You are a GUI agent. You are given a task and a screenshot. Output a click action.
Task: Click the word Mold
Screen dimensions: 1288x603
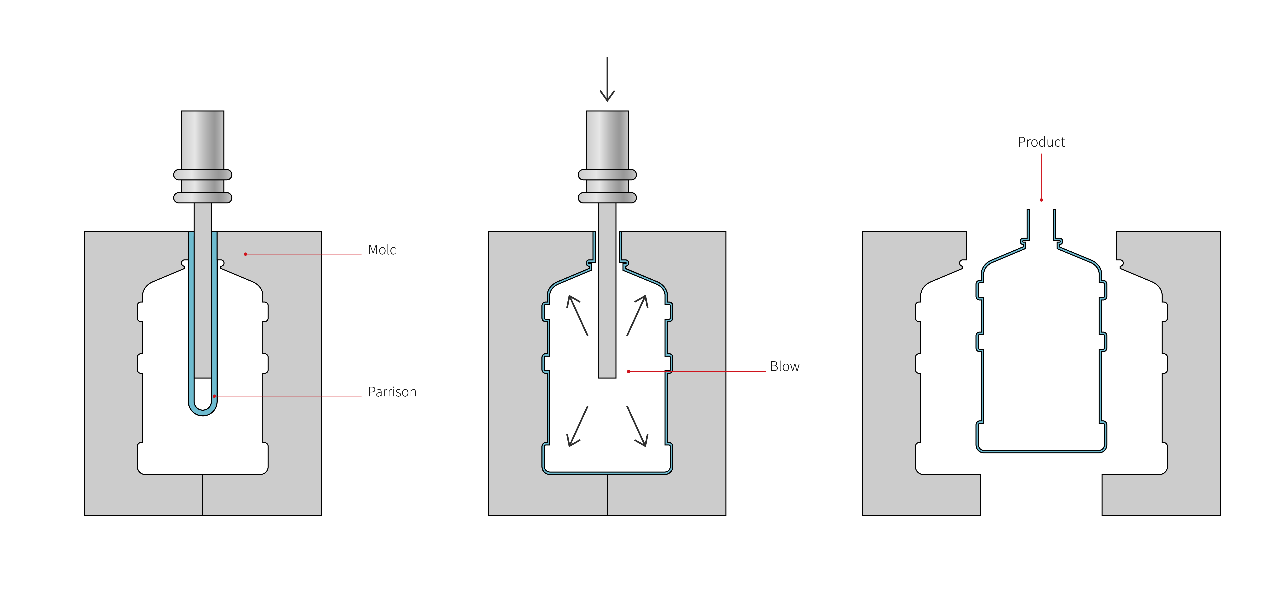point(383,249)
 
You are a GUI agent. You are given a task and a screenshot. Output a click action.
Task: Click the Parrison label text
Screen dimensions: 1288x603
point(392,391)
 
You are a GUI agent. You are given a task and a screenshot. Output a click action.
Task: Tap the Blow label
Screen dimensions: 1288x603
point(784,366)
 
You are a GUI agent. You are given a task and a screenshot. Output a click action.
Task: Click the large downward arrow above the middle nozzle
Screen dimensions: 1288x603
point(607,79)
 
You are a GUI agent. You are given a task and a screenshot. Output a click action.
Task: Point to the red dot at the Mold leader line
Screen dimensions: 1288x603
point(245,254)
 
